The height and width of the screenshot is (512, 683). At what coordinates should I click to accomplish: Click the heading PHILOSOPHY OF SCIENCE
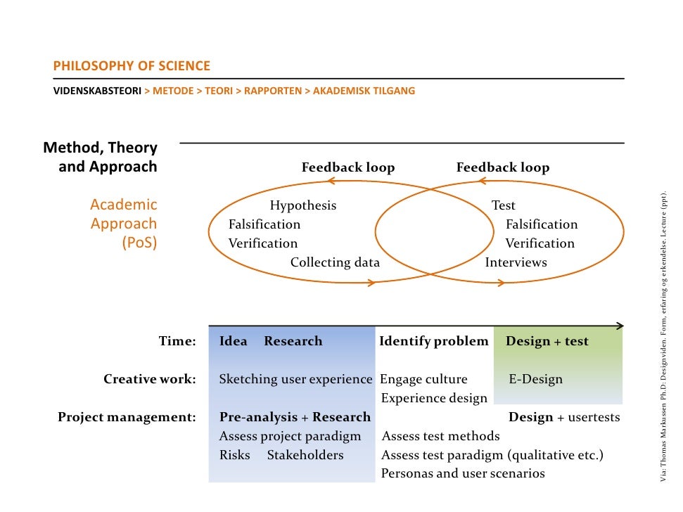(132, 67)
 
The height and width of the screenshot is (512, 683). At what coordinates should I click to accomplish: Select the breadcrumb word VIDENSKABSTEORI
(98, 91)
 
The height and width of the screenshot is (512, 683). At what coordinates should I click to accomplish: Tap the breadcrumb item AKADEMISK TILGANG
(364, 91)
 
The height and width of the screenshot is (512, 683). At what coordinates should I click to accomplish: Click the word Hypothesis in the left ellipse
(303, 205)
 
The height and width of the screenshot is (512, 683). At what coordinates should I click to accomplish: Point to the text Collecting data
(335, 262)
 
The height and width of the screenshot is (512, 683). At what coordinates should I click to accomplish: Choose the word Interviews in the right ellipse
(516, 262)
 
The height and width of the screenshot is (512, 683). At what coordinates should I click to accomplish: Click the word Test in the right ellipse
(504, 205)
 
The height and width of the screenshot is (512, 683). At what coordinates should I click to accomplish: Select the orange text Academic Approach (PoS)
(124, 224)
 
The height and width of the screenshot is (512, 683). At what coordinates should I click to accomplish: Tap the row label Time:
(177, 341)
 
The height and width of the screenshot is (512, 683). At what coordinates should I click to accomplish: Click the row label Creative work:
(150, 379)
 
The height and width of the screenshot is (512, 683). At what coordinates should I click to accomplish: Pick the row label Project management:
(127, 417)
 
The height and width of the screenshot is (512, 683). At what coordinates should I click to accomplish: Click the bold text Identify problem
(433, 341)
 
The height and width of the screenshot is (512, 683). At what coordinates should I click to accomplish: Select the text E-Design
(536, 379)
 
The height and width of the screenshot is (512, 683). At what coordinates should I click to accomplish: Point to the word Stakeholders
(305, 455)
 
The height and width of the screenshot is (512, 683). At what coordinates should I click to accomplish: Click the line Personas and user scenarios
(463, 473)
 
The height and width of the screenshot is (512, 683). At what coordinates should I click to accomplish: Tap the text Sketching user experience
(295, 379)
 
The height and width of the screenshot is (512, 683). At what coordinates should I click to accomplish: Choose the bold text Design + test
(547, 341)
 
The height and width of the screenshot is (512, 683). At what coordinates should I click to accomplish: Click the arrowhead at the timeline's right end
(620, 326)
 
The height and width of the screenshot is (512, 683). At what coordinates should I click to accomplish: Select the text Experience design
(434, 398)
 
